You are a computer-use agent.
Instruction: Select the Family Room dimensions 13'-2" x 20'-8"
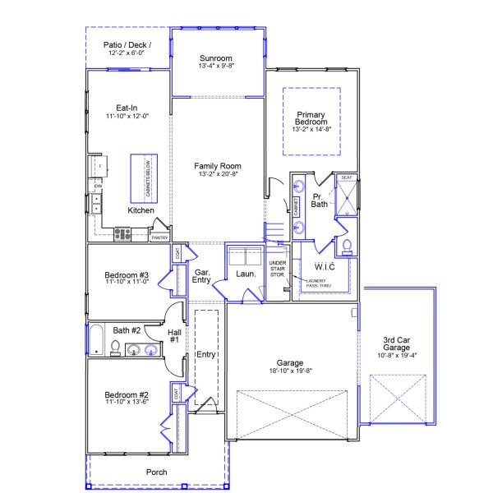[x=218, y=174]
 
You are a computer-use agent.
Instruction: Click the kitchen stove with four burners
[x=122, y=233]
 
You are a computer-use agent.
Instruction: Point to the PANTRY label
[x=159, y=237]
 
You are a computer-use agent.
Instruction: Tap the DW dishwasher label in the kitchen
[x=97, y=187]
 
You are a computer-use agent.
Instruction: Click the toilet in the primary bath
[x=347, y=246]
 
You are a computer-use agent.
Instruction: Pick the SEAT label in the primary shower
[x=347, y=177]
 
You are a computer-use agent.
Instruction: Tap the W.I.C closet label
[x=325, y=266]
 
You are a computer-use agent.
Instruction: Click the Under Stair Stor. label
[x=278, y=269]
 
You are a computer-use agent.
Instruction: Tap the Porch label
[x=157, y=472]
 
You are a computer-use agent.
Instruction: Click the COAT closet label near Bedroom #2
[x=177, y=394]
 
